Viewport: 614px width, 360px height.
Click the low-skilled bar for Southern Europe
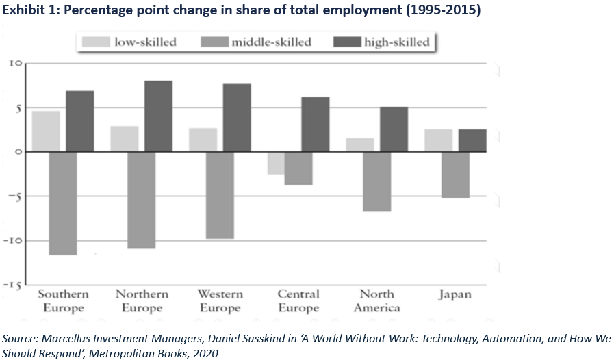(46, 131)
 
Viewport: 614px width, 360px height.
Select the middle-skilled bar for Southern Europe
(63, 203)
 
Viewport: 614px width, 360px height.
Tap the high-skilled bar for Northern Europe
(158, 116)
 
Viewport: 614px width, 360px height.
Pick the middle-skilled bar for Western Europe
(220, 195)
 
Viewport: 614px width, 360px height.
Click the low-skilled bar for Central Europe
(276, 163)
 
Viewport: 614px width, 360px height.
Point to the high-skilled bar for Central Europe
(315, 124)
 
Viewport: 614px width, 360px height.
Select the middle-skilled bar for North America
(376, 181)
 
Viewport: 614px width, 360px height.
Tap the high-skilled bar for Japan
(472, 140)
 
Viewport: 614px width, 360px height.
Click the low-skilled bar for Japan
(439, 140)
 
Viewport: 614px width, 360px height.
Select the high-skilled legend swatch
(347, 42)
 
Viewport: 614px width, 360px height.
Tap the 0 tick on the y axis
(18, 152)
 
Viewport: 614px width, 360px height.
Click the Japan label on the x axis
(454, 294)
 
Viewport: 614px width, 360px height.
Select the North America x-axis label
(376, 300)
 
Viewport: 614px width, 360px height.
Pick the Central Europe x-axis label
(298, 300)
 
